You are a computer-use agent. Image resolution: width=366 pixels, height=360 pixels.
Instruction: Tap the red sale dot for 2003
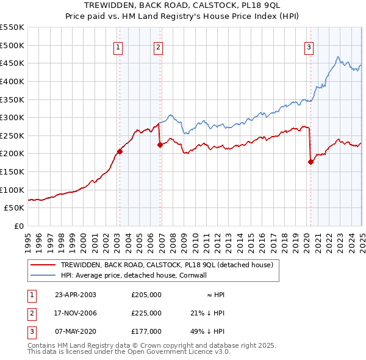click(120, 152)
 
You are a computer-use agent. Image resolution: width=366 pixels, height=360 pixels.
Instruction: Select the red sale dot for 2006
click(160, 145)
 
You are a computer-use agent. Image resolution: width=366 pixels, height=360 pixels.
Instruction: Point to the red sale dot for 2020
click(310, 162)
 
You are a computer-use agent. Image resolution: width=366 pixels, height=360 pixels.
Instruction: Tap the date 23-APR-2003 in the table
click(76, 295)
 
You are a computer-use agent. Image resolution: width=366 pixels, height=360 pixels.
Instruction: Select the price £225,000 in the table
click(146, 313)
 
